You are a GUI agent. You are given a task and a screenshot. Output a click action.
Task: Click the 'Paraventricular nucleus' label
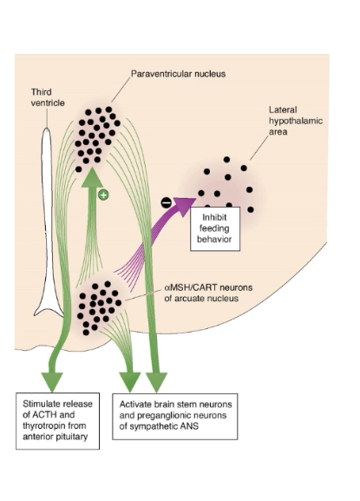click(x=178, y=75)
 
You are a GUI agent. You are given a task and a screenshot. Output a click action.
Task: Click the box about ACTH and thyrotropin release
click(x=61, y=422)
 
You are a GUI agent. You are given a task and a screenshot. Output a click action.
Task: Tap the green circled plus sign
click(x=103, y=195)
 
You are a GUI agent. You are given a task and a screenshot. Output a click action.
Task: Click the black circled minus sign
click(x=167, y=202)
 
